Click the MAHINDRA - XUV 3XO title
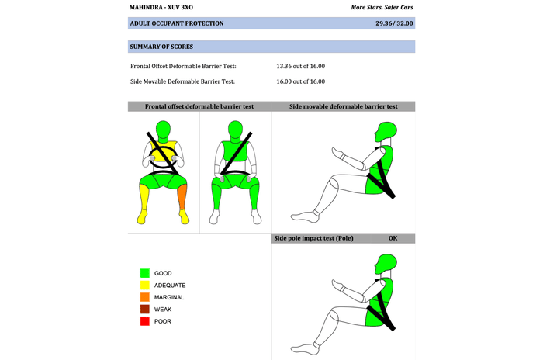tap(161, 7)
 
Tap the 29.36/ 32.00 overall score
tap(394, 23)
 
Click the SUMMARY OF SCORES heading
tap(161, 47)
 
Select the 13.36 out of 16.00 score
tap(301, 66)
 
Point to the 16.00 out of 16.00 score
tap(301, 81)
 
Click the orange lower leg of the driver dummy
tap(182, 196)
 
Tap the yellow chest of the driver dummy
tap(163, 151)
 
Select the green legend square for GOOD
tap(145, 273)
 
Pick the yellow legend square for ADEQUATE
tap(145, 286)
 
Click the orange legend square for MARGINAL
tap(145, 297)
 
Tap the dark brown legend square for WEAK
tap(145, 309)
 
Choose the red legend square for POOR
tap(145, 321)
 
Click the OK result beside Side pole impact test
tap(393, 238)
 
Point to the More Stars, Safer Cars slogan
tap(382, 7)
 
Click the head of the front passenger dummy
tap(236, 130)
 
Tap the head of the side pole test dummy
tap(386, 266)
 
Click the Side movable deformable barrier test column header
tap(343, 106)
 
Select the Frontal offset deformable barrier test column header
tap(199, 106)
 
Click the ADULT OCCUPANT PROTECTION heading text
tap(177, 23)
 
